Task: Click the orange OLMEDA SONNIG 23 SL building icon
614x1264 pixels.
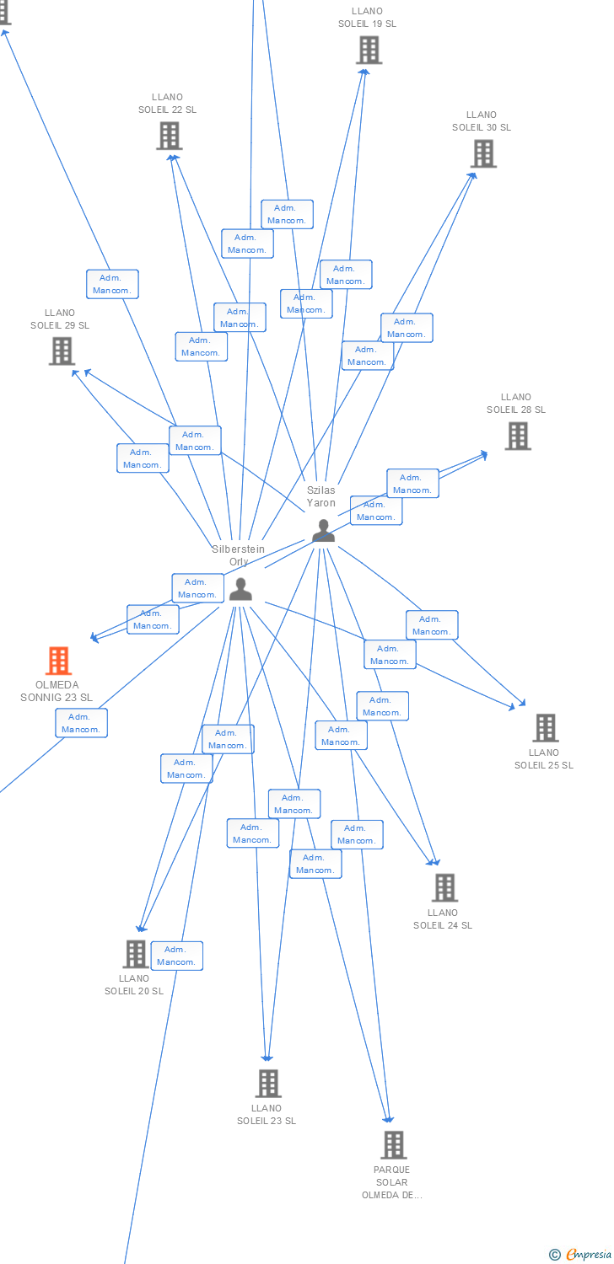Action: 58,661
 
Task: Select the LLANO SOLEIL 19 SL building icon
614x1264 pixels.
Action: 369,51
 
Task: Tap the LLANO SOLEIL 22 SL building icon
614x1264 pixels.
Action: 169,136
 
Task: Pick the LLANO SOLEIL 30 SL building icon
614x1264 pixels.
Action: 483,153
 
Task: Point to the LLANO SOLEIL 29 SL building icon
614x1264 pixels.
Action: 62,351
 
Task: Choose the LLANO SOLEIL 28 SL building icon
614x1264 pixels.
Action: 517,436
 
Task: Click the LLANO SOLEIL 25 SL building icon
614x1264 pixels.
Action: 546,727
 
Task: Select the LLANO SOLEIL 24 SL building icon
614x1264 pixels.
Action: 444,887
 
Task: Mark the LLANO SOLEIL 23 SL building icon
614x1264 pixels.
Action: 267,1083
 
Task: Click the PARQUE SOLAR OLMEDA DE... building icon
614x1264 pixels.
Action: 393,1144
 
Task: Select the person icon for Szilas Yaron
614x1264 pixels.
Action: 323,531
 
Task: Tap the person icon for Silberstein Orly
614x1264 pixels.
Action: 240,589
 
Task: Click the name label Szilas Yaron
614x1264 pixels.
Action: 320,496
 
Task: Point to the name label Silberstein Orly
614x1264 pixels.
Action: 238,555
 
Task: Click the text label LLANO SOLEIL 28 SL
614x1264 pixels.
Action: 516,404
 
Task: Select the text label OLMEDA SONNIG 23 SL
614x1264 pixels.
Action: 57,691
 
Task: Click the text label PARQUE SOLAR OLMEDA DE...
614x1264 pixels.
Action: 392,1182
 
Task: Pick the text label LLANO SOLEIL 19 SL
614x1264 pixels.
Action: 368,18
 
